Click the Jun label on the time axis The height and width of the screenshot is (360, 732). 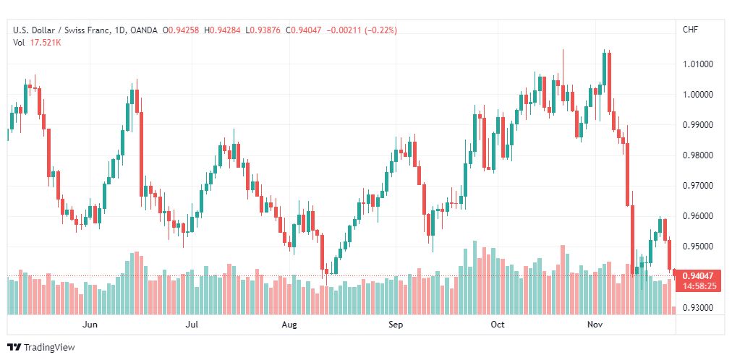click(x=90, y=325)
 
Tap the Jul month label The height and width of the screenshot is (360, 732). click(x=192, y=325)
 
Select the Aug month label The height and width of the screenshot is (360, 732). click(x=289, y=325)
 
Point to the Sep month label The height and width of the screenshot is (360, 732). click(x=396, y=325)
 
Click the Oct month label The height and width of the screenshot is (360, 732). click(x=498, y=325)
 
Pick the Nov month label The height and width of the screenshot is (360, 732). click(x=595, y=325)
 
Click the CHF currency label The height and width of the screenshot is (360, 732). click(x=691, y=30)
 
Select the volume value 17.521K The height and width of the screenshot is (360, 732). click(x=44, y=43)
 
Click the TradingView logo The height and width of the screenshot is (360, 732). click(x=41, y=348)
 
